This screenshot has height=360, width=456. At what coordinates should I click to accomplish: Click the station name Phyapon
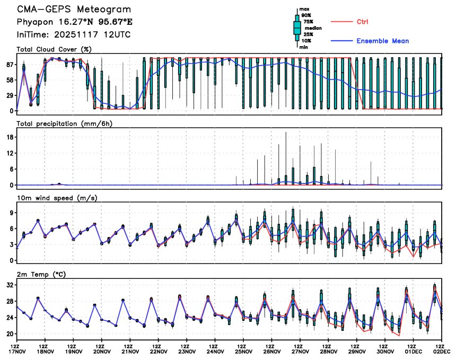(34, 23)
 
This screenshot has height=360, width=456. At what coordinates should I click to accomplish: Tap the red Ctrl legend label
(363, 22)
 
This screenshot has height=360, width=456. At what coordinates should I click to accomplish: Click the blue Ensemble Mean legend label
(382, 41)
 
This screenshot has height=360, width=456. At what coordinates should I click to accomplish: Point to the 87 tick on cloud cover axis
(10, 65)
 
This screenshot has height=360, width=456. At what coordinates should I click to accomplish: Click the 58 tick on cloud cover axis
(10, 80)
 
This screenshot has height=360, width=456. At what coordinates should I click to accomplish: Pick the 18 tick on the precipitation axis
(10, 137)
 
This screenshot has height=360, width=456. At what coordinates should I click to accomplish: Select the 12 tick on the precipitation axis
(10, 153)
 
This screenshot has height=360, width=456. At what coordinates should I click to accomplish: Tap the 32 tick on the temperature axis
(10, 285)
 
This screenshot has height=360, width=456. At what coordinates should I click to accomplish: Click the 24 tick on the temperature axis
(10, 318)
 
